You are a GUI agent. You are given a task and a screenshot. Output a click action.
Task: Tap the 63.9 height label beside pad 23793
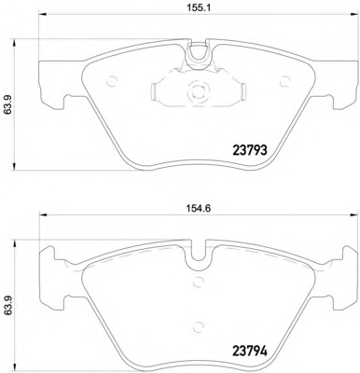(8, 104)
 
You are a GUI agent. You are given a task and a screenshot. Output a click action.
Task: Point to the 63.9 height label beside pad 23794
(8, 306)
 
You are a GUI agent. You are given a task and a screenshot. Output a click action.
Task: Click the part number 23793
(250, 151)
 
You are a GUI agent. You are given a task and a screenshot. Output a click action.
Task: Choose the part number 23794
(250, 352)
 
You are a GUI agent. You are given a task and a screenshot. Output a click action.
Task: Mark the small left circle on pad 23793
(111, 82)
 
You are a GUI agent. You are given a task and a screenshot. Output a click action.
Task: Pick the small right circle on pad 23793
(284, 82)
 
